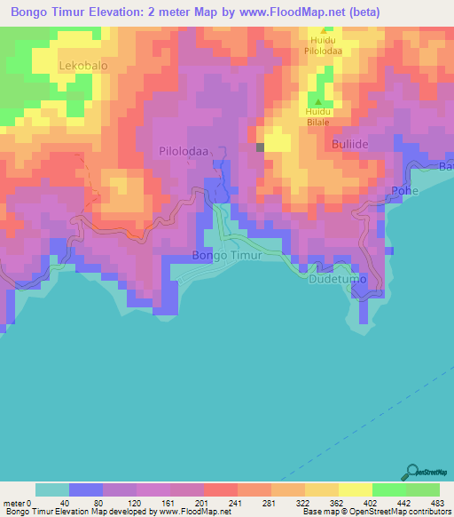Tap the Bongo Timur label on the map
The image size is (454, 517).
(227, 255)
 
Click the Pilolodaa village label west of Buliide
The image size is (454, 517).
(184, 151)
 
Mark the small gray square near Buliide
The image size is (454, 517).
(260, 147)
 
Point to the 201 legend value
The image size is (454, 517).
(200, 502)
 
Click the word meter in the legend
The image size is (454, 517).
(13, 502)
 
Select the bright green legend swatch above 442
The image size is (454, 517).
(388, 489)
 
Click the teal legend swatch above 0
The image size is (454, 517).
(51, 489)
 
